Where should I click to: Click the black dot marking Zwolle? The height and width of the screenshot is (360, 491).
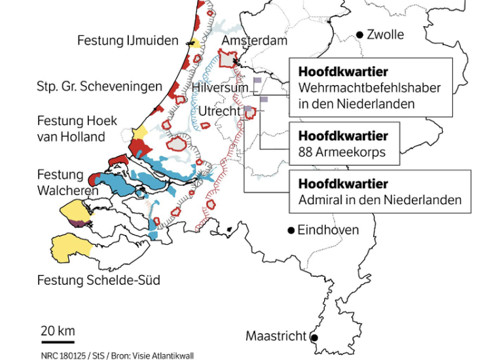pos(360,35)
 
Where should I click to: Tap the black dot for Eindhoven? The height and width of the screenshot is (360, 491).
pos(291,230)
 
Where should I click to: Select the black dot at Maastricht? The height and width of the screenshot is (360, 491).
pos(314,337)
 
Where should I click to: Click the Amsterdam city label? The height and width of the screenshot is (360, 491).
pos(255,41)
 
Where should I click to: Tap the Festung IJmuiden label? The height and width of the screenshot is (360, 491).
pos(128,41)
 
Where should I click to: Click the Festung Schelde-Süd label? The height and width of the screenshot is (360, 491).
pos(98,281)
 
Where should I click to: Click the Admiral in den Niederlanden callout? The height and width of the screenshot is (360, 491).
pos(379,191)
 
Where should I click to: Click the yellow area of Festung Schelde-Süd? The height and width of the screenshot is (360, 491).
pos(70,247)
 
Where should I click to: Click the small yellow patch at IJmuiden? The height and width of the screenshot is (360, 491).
pos(194,43)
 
